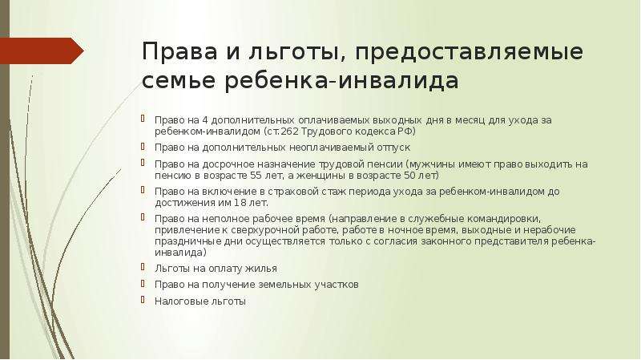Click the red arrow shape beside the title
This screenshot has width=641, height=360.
(41, 51)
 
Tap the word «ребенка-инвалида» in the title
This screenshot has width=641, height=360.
(342, 81)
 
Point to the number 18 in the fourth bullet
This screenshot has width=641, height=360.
(239, 203)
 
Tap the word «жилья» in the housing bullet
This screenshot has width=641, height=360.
(261, 269)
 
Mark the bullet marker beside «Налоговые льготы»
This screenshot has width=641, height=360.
(143, 300)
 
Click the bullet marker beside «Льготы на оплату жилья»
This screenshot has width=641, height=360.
(143, 267)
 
